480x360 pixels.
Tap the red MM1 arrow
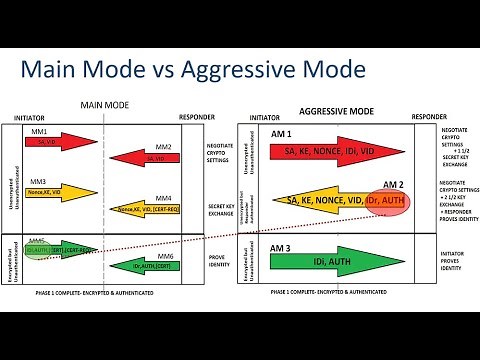(57, 142)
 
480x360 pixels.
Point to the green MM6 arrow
(150, 264)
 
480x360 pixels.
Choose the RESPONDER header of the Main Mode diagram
(196, 116)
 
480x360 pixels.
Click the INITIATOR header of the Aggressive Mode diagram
(259, 116)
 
